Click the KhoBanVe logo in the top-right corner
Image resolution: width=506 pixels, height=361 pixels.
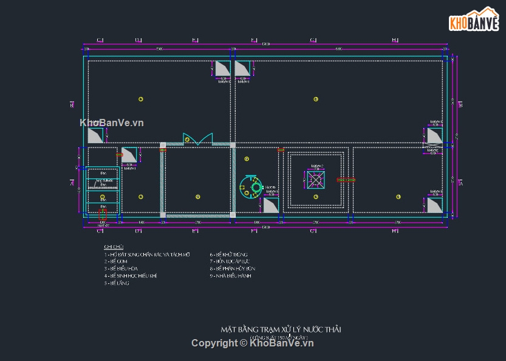click(x=473, y=19)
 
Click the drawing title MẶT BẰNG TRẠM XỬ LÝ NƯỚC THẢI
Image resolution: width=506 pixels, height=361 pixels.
click(x=281, y=329)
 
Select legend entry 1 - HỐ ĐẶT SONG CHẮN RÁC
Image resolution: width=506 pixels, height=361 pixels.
click(x=147, y=255)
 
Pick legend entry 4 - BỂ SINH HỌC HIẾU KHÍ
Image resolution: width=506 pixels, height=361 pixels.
click(x=131, y=276)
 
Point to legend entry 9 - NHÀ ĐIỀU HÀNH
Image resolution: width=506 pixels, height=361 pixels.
click(x=230, y=276)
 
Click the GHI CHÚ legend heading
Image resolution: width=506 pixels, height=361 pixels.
click(x=114, y=247)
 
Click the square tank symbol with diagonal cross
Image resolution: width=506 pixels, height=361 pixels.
click(x=316, y=180)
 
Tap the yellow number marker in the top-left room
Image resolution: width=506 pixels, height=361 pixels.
click(x=140, y=99)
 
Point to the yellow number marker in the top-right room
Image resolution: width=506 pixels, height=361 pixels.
click(x=316, y=99)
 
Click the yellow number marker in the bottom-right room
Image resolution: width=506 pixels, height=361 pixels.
click(x=398, y=197)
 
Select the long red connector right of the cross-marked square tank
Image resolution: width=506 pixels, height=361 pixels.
click(x=346, y=180)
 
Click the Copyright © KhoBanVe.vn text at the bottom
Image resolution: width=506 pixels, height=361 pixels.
click(x=252, y=343)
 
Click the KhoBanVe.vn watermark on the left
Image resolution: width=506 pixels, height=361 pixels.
click(x=112, y=123)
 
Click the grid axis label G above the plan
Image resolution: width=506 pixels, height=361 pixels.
click(x=313, y=40)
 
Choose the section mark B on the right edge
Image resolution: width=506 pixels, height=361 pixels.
click(x=460, y=105)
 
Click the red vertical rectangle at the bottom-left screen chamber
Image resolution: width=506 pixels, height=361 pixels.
click(x=102, y=214)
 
